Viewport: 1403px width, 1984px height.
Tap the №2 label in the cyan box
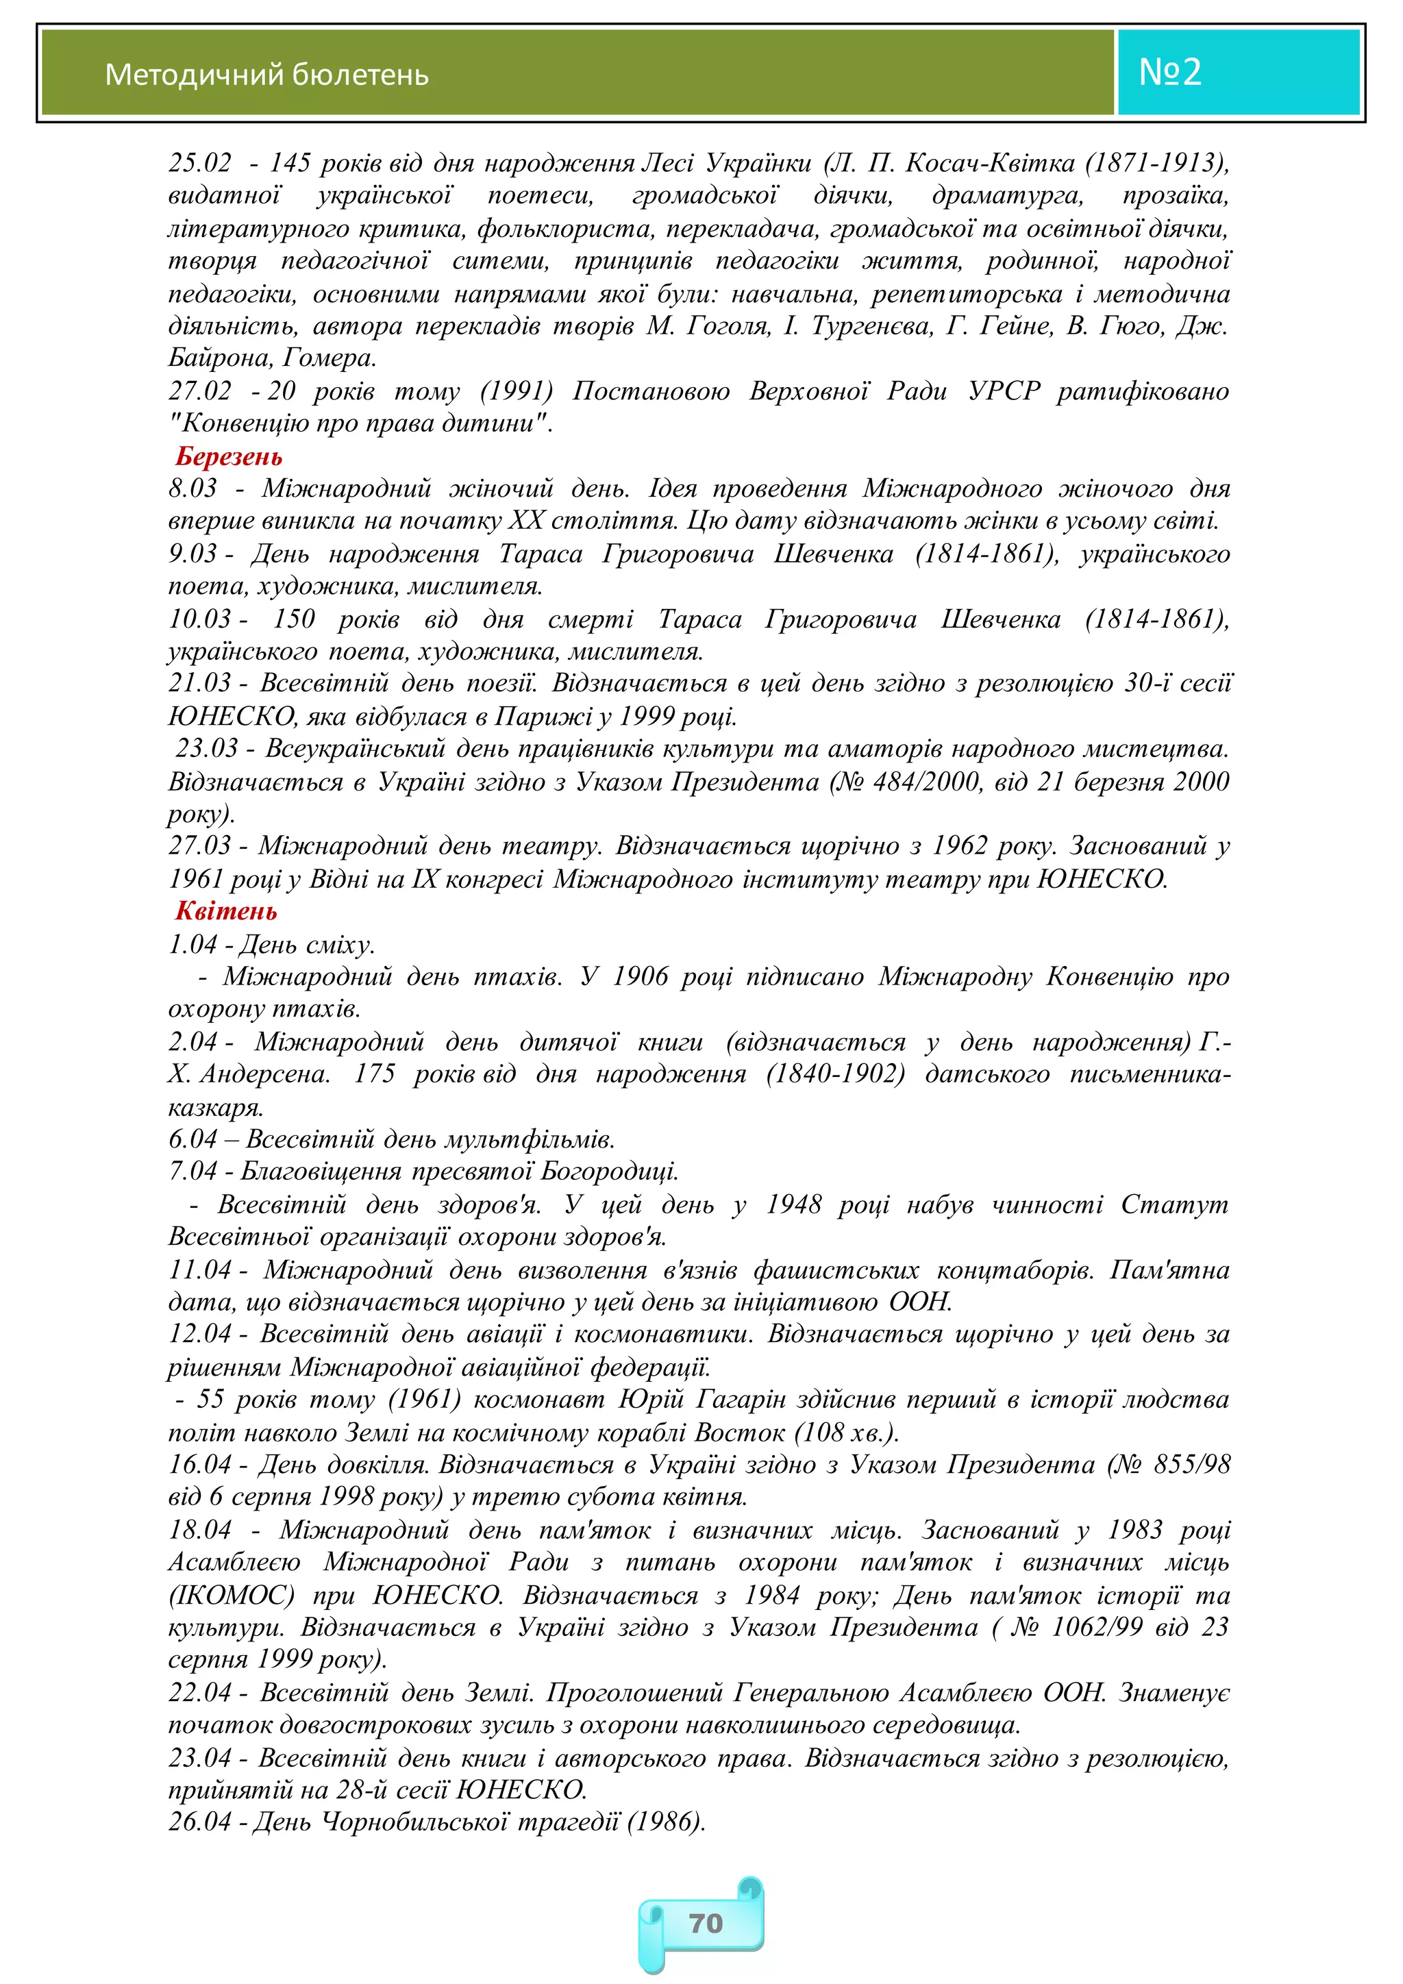coord(1170,72)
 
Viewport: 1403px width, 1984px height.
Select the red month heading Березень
coord(229,456)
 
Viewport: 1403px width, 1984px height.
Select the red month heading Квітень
coord(226,910)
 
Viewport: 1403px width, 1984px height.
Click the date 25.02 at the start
coord(201,162)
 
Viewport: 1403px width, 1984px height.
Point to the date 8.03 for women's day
coord(193,488)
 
